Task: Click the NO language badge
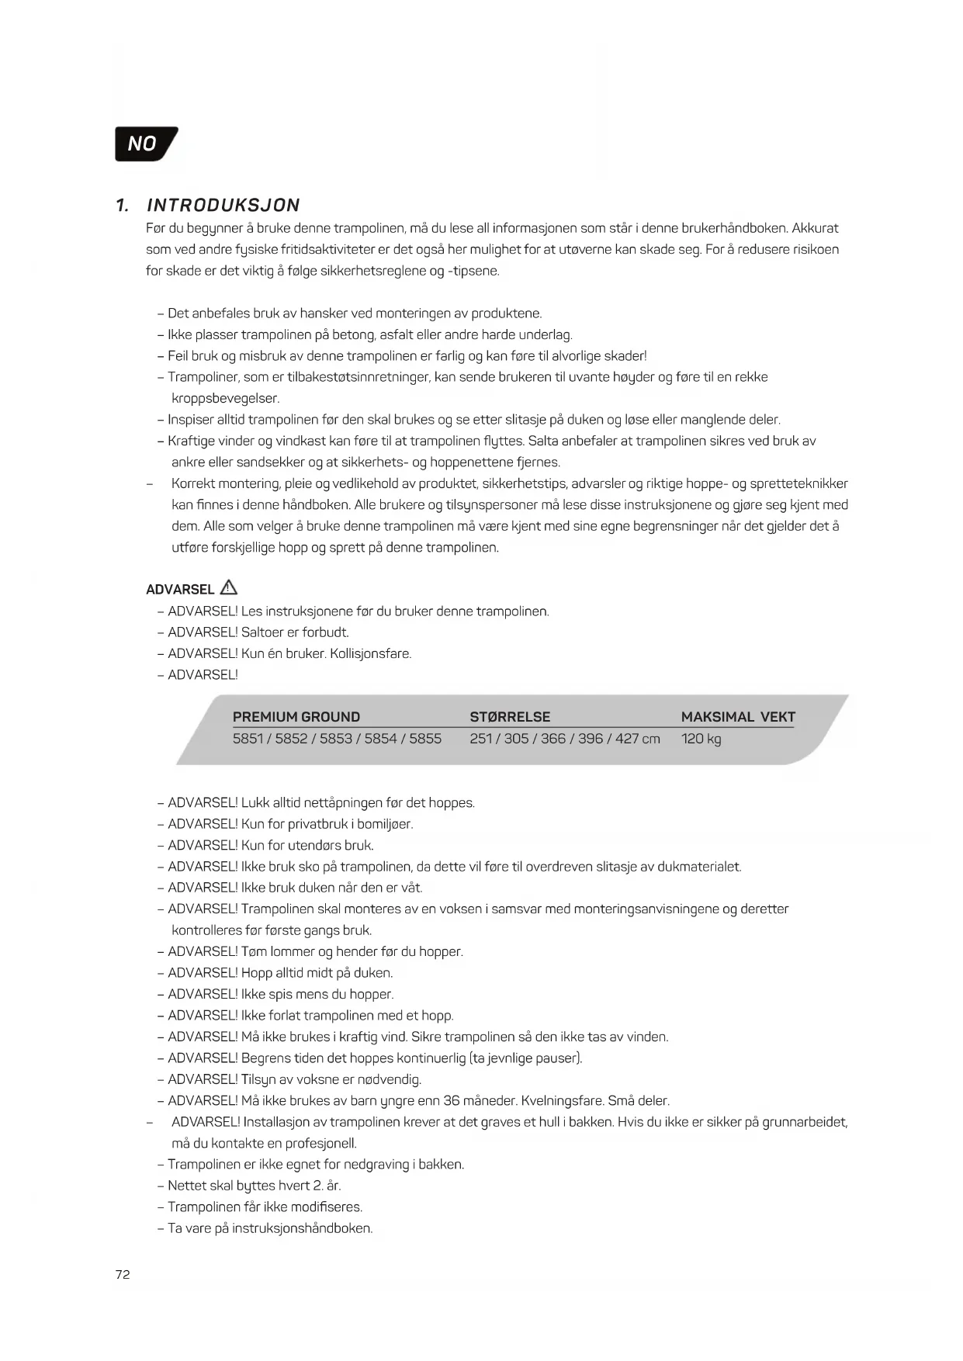pos(145,144)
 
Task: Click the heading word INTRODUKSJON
pos(223,206)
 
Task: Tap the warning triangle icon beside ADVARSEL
pos(229,587)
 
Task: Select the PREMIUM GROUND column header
pos(296,717)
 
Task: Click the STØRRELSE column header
pos(510,717)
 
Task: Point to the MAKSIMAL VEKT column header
pos(738,717)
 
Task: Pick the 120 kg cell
pos(701,739)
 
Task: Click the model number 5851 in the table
pos(248,739)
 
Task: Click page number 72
pos(123,1274)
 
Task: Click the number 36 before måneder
pos(452,1100)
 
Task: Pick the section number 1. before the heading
pos(122,206)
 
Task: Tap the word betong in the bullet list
pos(354,334)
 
